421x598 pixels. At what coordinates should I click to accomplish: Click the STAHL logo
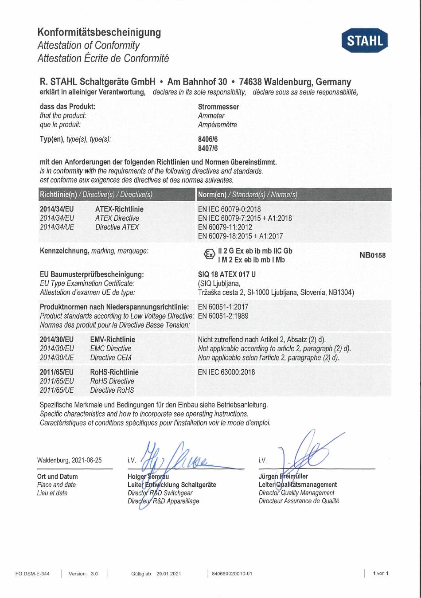point(365,41)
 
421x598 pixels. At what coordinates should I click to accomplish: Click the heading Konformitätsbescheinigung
point(99,32)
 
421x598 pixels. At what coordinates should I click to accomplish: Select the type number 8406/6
point(208,139)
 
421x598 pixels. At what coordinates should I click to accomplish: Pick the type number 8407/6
point(208,149)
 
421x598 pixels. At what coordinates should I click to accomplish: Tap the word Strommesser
point(218,107)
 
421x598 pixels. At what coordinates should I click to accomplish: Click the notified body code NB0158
point(372,255)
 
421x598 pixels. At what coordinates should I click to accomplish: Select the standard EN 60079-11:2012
point(225,227)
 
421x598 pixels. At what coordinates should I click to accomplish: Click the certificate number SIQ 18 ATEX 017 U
point(226,274)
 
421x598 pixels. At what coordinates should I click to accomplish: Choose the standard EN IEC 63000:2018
point(226,372)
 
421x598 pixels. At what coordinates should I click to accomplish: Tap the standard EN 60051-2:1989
point(223,316)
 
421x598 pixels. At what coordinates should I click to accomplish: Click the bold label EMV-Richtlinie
point(113,340)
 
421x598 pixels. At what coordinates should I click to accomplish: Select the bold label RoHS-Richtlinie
point(114,372)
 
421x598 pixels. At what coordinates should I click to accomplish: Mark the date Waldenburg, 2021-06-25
point(70,460)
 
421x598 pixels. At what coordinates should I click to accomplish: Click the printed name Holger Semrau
point(148,477)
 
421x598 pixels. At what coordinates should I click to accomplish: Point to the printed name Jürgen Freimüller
point(283,477)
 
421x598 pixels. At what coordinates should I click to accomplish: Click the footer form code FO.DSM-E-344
point(32,574)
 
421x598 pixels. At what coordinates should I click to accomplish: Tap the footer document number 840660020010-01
point(232,574)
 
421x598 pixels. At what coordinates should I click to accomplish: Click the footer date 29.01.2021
point(168,574)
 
